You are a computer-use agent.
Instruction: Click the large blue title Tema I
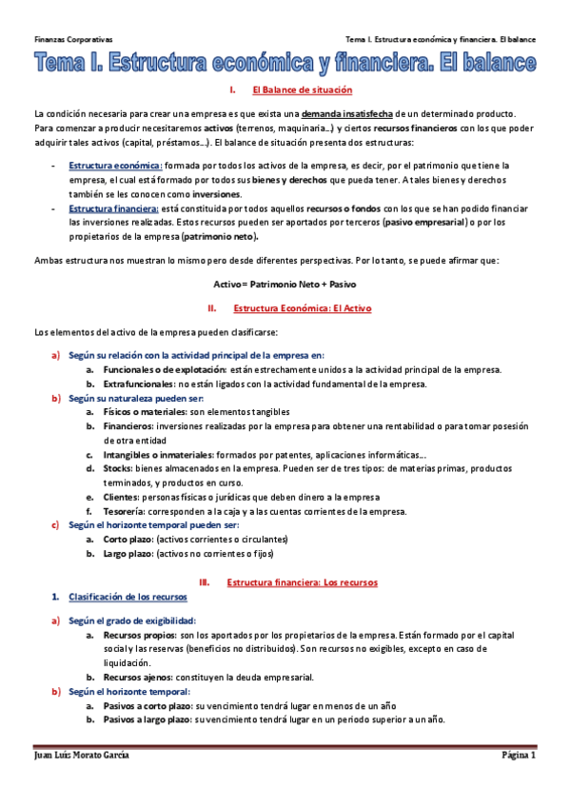tap(285, 65)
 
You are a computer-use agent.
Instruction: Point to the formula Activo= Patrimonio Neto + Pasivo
tap(285, 284)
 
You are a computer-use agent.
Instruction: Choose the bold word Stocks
tap(118, 468)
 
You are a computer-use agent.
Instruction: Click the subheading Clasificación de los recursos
tap(128, 596)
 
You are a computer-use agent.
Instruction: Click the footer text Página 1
tap(520, 755)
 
